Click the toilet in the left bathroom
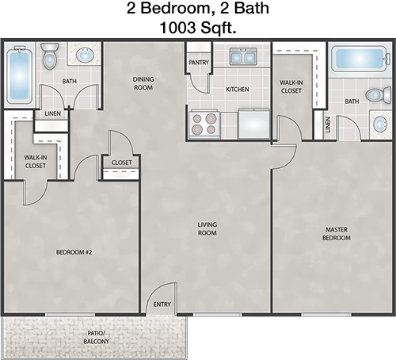[50, 56]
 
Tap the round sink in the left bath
[85, 55]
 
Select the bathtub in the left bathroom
[19, 75]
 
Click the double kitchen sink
[243, 56]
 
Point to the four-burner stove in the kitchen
[204, 124]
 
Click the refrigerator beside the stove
[254, 124]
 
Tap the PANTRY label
[199, 63]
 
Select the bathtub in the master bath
[360, 59]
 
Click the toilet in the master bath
[379, 95]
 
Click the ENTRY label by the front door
[162, 304]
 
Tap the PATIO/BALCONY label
[96, 337]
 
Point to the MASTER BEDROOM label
[337, 234]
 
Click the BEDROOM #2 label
[74, 252]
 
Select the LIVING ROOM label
[208, 228]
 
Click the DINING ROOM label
[143, 83]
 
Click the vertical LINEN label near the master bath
[328, 124]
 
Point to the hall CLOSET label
[121, 163]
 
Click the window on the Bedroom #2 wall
[70, 315]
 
